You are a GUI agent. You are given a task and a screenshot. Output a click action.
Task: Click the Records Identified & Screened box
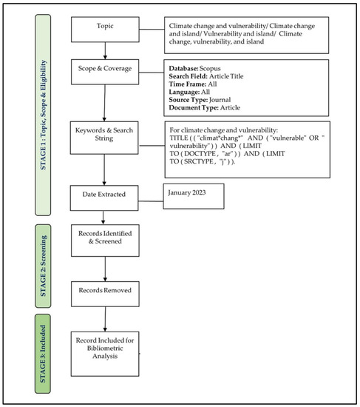pyautogui.click(x=105, y=240)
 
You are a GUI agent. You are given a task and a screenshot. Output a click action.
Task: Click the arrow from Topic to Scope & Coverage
pyautogui.click(x=106, y=51)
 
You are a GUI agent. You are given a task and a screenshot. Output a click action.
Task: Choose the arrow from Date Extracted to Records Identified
pyautogui.click(x=106, y=216)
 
